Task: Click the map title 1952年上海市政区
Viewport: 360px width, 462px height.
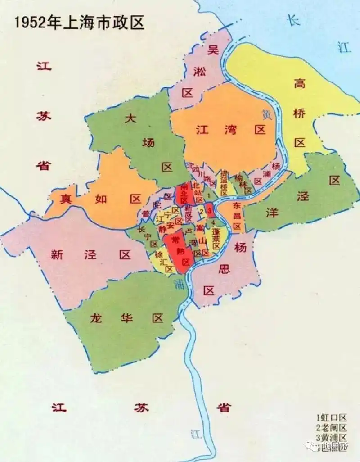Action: [x=79, y=23]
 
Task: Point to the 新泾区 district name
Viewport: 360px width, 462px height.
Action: [x=90, y=255]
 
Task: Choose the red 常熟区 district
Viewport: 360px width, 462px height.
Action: [x=179, y=252]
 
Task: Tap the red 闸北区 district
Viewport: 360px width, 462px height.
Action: [x=184, y=193]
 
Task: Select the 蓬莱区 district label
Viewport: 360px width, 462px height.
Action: [x=216, y=239]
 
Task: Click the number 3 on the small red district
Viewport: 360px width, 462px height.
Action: [x=210, y=210]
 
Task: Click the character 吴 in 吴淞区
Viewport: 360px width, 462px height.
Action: [x=212, y=50]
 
